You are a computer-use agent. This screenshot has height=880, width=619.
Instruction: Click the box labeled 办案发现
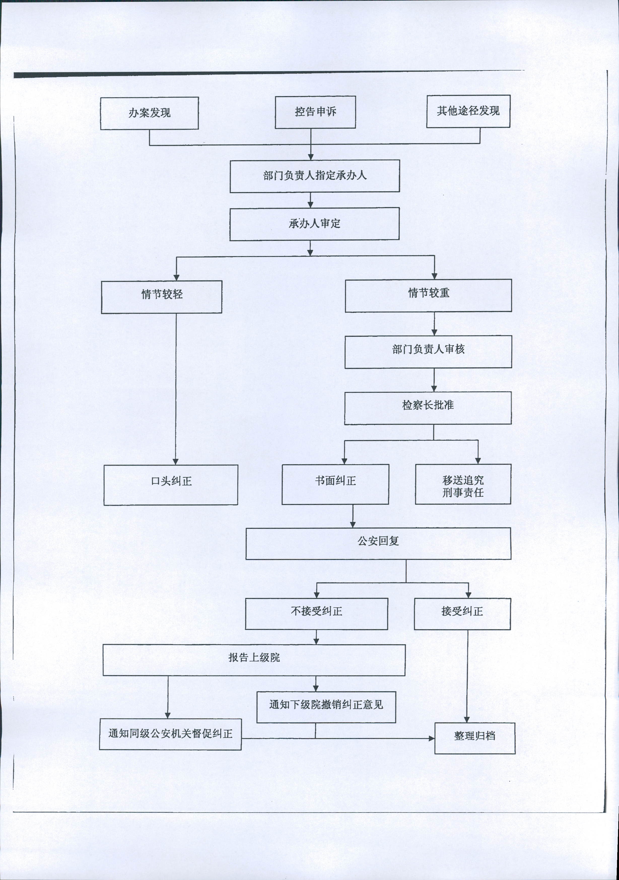(x=150, y=113)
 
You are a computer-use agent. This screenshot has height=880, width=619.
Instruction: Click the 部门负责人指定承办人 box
(x=315, y=176)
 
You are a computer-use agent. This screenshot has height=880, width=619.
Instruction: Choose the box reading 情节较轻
(x=162, y=297)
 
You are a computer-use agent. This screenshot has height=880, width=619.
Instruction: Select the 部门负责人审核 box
(x=428, y=352)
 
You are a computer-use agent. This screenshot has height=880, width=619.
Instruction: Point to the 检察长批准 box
(x=428, y=408)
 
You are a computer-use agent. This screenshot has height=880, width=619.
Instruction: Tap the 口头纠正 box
(x=170, y=485)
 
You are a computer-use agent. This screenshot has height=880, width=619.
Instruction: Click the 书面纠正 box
(x=335, y=484)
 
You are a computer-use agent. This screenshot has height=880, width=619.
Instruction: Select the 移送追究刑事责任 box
(x=463, y=484)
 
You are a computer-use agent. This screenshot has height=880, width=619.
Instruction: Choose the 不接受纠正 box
(x=317, y=614)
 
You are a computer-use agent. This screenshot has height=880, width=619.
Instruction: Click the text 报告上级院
(x=254, y=657)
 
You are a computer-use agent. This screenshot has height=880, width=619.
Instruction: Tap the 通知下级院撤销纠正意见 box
(x=326, y=707)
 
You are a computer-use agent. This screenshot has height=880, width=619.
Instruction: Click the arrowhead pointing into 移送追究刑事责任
(x=478, y=460)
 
